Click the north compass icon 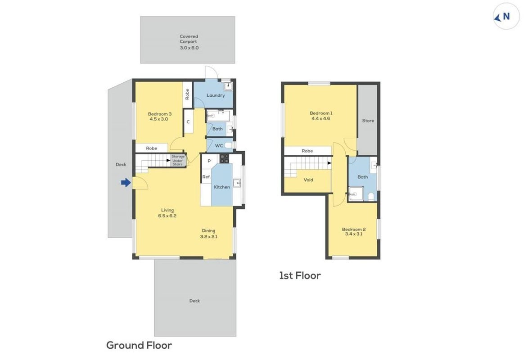[x=506, y=16]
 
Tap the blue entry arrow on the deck [x=126, y=182]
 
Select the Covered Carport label [x=189, y=39]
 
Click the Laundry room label [x=216, y=95]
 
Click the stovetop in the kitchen [x=224, y=159]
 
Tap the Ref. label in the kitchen [x=206, y=177]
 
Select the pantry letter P [x=209, y=161]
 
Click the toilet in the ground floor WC [x=229, y=145]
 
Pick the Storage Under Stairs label [x=177, y=160]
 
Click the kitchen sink [x=237, y=183]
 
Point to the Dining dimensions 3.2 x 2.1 [x=208, y=236]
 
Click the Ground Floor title [x=139, y=345]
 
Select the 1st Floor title [x=300, y=275]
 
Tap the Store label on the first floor [x=368, y=121]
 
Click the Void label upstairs [x=308, y=180]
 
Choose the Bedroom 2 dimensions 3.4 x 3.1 [x=353, y=234]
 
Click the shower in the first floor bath [x=356, y=193]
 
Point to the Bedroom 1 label [x=321, y=113]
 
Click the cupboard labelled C [x=188, y=122]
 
